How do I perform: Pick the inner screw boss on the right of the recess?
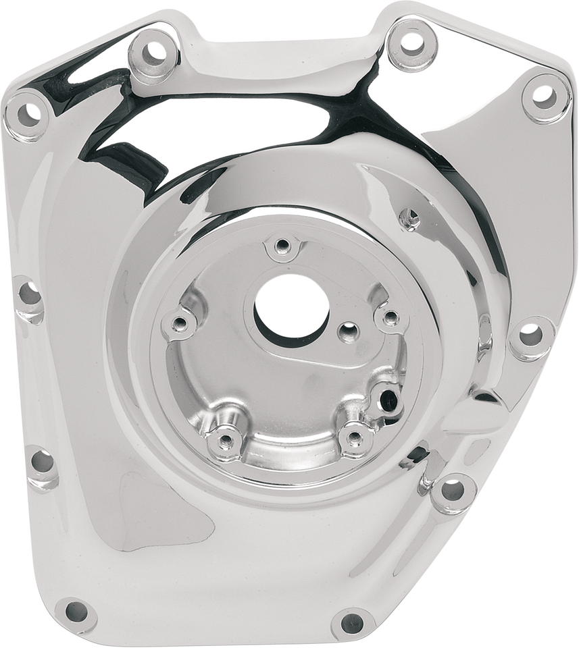coord(391,316)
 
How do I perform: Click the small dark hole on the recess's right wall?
coord(387,397)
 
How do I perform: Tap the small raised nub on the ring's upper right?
coord(408,217)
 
